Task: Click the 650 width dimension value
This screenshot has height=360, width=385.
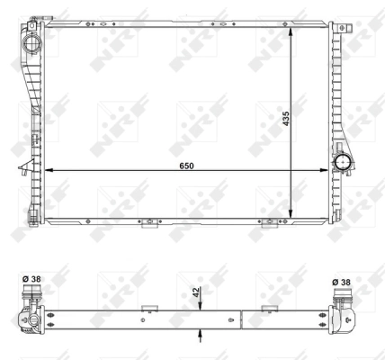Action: pos(185,166)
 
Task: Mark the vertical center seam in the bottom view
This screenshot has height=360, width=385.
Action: pos(241,319)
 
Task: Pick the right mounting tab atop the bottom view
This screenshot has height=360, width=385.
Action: pos(267,309)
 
